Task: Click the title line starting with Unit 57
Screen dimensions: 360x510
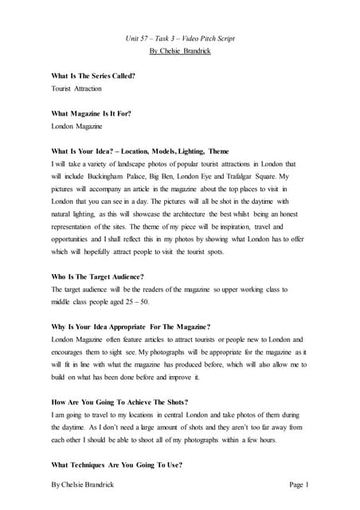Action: pos(179,37)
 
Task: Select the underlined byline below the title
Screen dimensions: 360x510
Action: pos(179,50)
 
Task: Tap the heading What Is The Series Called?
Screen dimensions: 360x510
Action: pos(92,76)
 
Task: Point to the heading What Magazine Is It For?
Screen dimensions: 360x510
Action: pos(91,113)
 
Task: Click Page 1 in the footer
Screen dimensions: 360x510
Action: pos(295,484)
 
